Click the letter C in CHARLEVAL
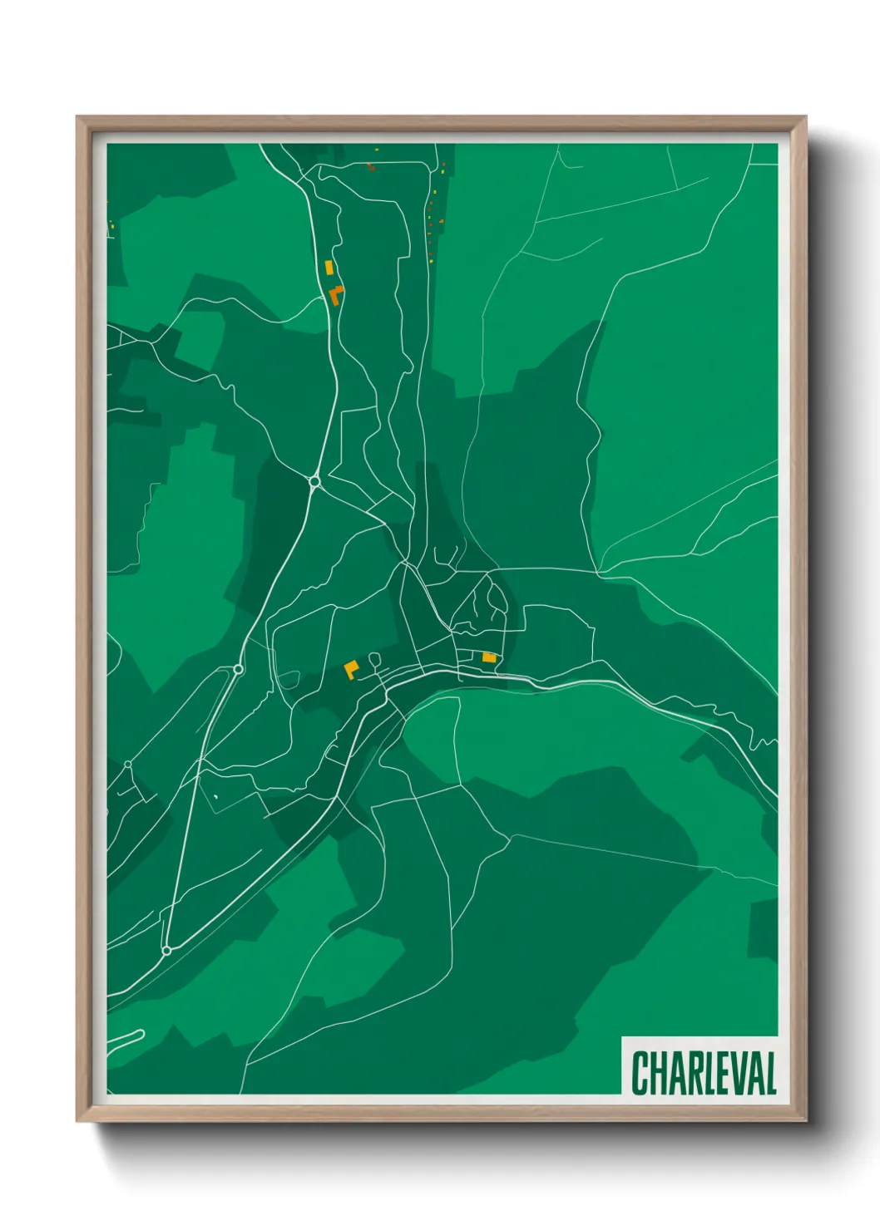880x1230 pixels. click(x=640, y=1073)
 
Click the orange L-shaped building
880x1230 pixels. click(x=336, y=294)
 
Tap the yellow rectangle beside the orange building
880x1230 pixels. click(x=329, y=267)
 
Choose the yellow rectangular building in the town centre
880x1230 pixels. click(x=489, y=657)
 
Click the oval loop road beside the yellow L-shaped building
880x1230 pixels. click(x=374, y=660)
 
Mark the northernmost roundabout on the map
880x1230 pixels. click(x=314, y=481)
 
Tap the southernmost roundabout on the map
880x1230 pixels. click(x=166, y=950)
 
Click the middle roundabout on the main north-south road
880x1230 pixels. click(x=238, y=669)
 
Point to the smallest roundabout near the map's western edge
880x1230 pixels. click(x=127, y=765)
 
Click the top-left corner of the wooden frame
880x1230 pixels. click(x=77, y=117)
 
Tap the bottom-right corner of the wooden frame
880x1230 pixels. click(x=805, y=1121)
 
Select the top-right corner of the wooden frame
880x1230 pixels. click(x=805, y=117)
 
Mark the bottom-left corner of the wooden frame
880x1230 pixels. click(x=77, y=1121)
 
